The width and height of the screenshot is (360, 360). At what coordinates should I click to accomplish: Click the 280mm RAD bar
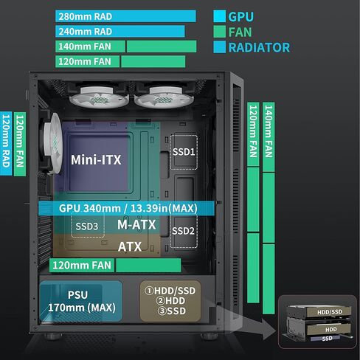click(x=125, y=16)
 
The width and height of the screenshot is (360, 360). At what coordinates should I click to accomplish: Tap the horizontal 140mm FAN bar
click(x=125, y=46)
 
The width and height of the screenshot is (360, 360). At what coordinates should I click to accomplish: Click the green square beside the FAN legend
click(x=219, y=32)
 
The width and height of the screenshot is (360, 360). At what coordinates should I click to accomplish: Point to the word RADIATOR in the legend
click(x=259, y=48)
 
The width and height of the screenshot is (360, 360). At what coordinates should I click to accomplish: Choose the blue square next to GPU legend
click(x=219, y=15)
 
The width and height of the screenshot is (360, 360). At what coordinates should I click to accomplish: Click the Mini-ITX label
click(x=96, y=159)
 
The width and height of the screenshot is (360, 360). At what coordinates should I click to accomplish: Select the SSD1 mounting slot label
click(x=183, y=152)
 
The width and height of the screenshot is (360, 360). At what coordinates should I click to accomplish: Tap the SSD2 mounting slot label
click(x=183, y=230)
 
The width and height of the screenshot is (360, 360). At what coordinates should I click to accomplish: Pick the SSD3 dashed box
click(x=86, y=226)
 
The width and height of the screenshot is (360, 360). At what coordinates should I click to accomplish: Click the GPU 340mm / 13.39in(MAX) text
click(x=128, y=208)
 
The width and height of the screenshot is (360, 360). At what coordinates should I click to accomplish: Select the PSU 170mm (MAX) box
click(x=81, y=300)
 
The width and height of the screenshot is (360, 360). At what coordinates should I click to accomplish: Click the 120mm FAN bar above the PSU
click(x=114, y=265)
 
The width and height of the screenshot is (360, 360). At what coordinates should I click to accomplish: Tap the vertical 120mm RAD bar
click(x=7, y=144)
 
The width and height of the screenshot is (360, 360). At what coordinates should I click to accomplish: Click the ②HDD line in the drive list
click(x=170, y=301)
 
